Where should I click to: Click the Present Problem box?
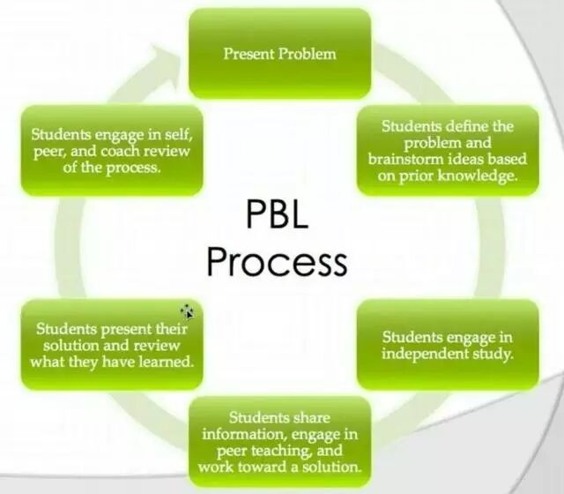coord(279,52)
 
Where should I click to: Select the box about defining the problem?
coord(448,149)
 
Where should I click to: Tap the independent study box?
coord(448,345)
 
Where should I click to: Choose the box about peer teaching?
coord(279,441)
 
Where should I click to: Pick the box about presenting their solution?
coord(112,345)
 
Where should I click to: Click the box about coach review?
coord(112,151)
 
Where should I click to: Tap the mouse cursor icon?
coord(188,311)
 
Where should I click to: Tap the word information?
coord(241,433)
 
